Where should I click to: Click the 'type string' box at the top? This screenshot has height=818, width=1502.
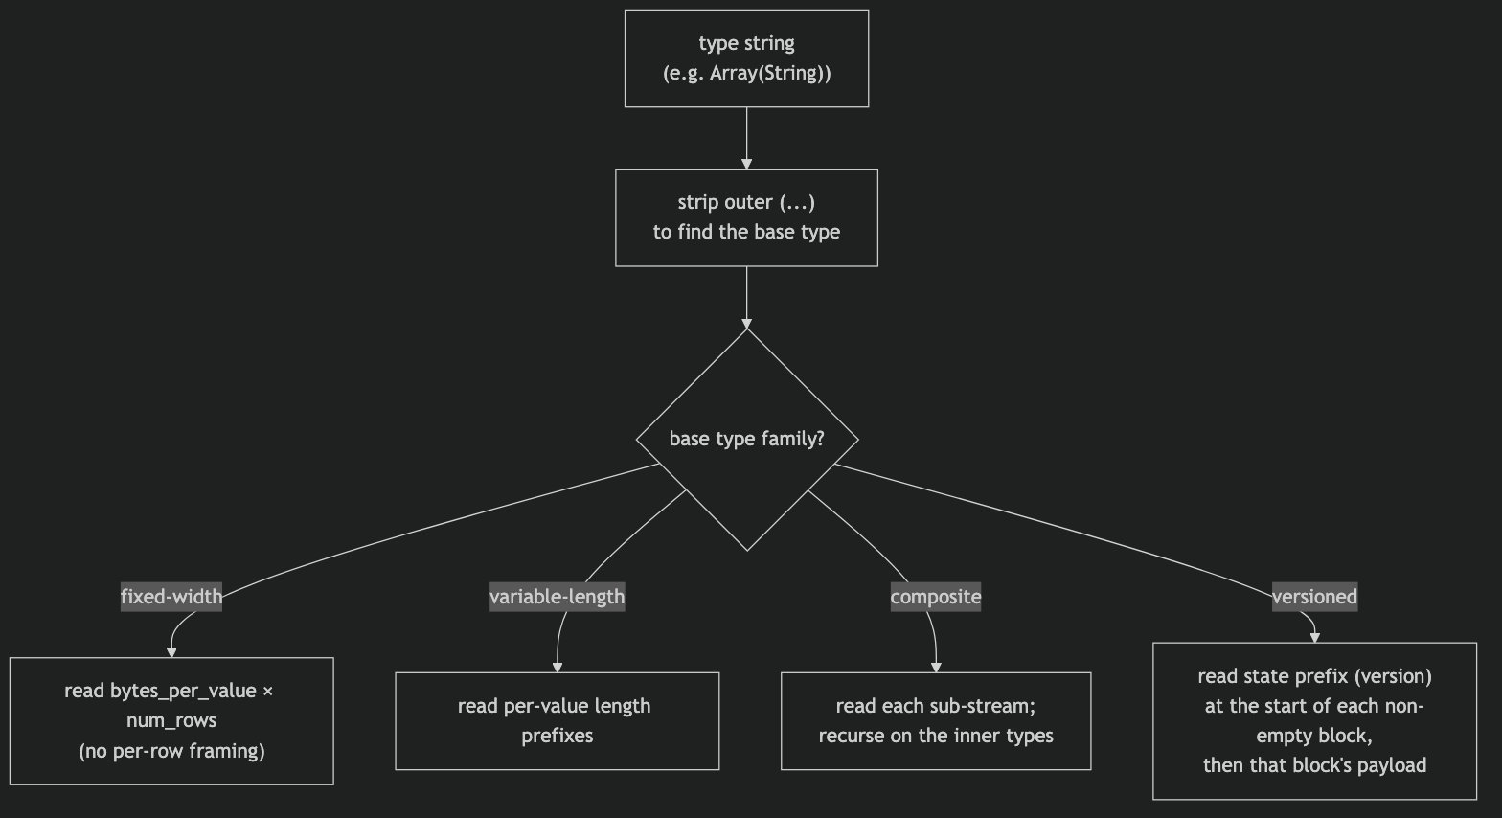pos(746,58)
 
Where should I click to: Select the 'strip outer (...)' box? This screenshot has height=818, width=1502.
pos(746,217)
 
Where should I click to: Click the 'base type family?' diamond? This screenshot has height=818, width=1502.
pos(747,439)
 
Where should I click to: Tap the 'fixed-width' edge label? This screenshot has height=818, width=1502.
pos(171,597)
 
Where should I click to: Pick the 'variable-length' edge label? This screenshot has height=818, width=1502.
pos(558,597)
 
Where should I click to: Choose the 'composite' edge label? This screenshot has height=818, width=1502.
pos(935,597)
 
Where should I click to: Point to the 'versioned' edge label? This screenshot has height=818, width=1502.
pos(1314,597)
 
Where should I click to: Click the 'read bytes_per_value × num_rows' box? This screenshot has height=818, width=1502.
pos(171,720)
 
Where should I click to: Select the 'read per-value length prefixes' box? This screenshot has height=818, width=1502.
pos(558,720)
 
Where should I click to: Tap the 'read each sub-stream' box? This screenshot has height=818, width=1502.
pos(936,720)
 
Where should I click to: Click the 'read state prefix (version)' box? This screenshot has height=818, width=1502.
pos(1314,720)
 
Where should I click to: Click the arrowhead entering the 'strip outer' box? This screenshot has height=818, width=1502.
pos(746,165)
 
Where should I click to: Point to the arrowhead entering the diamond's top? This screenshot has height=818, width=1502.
pos(746,324)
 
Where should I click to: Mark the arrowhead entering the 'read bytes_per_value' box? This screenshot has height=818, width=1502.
pos(171,653)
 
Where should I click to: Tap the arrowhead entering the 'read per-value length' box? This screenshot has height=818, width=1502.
pos(558,668)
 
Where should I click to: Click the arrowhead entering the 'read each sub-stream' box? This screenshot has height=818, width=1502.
pos(936,668)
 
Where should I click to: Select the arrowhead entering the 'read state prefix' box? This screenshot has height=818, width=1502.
pos(1314,638)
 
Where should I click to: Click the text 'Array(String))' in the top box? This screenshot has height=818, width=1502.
pos(770,73)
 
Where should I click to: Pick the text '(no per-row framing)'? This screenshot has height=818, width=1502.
pos(171,751)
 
